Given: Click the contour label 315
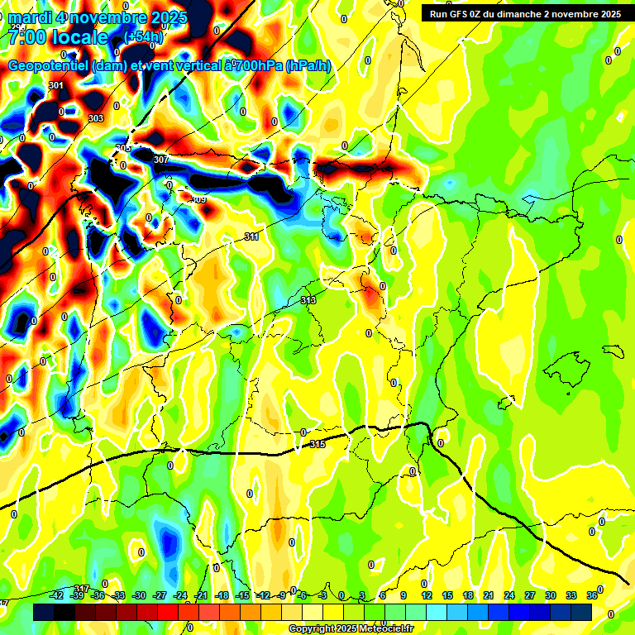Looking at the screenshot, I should point(317,445).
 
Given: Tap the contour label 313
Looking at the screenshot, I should point(308,300).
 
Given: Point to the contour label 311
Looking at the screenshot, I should point(251,237).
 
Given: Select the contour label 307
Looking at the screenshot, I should point(161,160).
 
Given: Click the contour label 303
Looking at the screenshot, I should point(96,118).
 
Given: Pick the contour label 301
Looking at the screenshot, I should point(56,86).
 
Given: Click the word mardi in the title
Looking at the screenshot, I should point(31,17).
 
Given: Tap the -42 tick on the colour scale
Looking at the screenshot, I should point(56,595).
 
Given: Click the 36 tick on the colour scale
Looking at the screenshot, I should point(592,595).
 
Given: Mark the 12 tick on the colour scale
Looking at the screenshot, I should point(427,595).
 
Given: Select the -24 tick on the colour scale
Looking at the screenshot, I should point(180,595).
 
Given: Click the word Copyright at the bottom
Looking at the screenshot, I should point(311,628).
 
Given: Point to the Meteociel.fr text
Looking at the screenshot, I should point(385,628).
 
